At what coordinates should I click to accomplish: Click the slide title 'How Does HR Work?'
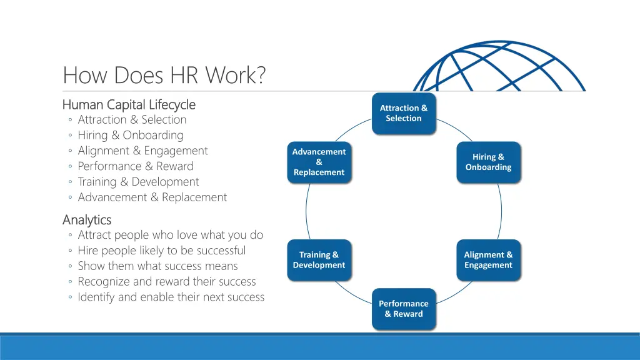pos(164,76)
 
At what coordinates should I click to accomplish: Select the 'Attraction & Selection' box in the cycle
pos(404,113)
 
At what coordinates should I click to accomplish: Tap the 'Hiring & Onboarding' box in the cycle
pos(488,162)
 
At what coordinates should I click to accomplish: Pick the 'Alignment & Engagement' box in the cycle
pos(488,260)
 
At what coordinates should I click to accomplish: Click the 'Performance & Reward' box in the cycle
pos(404,309)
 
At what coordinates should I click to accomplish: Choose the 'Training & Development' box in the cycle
pos(319,260)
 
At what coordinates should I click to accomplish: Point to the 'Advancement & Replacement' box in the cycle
pos(319,162)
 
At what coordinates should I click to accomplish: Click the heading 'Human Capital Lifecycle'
pos(129,104)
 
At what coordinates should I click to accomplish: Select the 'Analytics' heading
pos(87,220)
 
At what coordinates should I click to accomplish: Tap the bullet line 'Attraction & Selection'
pos(132,119)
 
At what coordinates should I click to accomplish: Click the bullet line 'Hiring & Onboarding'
pos(131,135)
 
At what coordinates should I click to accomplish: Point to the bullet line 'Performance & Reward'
pos(136,166)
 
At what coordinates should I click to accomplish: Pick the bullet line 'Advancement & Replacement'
pos(152,197)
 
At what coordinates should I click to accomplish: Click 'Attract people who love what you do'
pos(170,235)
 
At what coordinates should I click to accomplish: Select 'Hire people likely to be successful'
pos(161,251)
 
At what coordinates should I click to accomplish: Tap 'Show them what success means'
pos(157,266)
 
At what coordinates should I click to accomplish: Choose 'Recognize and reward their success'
pos(167,282)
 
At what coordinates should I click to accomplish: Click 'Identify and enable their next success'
pos(171,297)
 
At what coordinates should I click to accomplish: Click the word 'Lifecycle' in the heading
pos(172,104)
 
